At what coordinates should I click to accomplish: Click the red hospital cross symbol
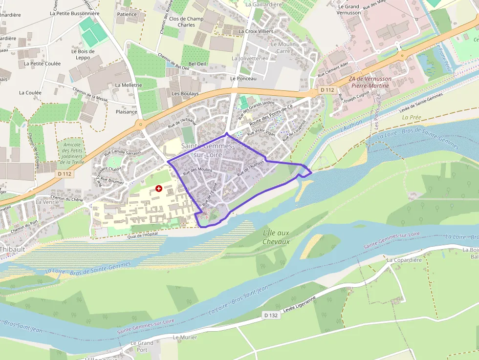(x=158, y=188)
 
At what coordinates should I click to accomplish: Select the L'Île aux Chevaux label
(x=276, y=237)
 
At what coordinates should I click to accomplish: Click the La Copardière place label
(x=404, y=260)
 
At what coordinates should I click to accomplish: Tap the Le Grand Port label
(x=142, y=346)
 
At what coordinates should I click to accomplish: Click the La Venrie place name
(x=47, y=202)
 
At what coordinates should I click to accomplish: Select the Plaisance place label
(x=127, y=112)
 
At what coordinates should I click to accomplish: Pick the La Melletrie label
(x=129, y=85)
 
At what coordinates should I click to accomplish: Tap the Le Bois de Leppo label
(x=83, y=54)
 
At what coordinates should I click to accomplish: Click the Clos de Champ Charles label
(x=186, y=22)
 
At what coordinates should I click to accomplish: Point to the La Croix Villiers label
(x=256, y=31)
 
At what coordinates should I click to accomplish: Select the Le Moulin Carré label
(x=283, y=47)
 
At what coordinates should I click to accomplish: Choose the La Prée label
(x=412, y=118)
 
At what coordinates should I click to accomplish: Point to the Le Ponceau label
(x=243, y=78)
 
